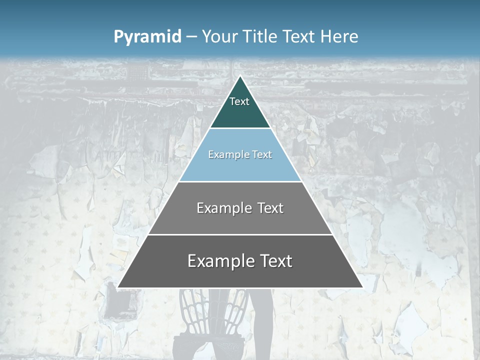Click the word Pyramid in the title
(x=147, y=37)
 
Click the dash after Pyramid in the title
(x=191, y=37)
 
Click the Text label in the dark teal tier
(x=239, y=102)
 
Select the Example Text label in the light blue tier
(x=240, y=155)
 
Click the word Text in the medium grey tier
(x=270, y=208)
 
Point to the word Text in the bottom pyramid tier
(x=275, y=261)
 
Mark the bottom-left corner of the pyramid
(x=118, y=287)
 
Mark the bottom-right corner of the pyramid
(x=362, y=287)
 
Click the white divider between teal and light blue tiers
(x=240, y=128)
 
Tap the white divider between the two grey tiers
(x=240, y=234)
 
